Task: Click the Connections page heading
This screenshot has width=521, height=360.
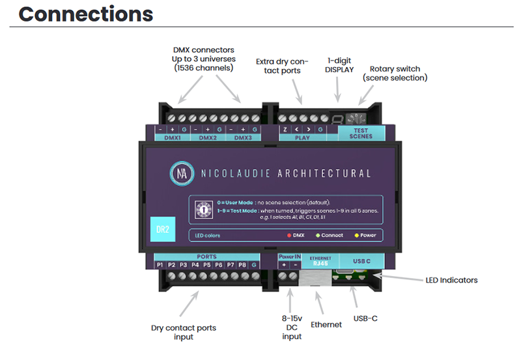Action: coord(85,14)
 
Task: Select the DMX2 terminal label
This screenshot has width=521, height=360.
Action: coord(208,138)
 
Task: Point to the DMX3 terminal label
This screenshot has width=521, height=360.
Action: coord(243,138)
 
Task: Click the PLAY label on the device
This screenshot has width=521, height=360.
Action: coord(303,138)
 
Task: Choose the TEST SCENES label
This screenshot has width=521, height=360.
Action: coord(361,133)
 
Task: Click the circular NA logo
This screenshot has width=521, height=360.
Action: coord(182,174)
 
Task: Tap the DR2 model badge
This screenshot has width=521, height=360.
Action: coord(163,228)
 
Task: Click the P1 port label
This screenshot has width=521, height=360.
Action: coord(160,265)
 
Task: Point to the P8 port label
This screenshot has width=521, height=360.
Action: coord(241,265)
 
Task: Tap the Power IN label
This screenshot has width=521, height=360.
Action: coord(289,257)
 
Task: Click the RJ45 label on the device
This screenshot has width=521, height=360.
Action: coord(320,264)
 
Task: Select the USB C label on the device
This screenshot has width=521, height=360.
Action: coord(360,261)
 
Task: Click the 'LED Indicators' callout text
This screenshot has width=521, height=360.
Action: coord(451,280)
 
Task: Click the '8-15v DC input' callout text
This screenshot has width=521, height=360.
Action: coord(292,327)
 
